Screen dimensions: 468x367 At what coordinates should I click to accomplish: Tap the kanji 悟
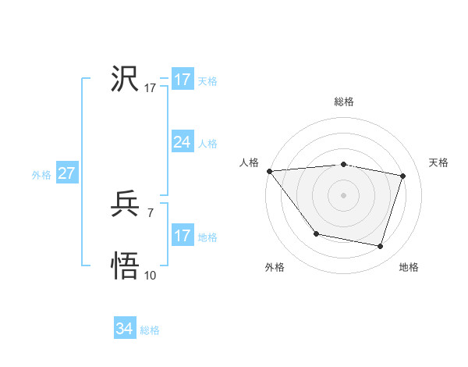(126, 266)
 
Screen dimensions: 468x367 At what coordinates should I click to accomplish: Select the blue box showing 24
(182, 141)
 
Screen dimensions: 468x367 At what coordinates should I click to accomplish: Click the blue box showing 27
(66, 173)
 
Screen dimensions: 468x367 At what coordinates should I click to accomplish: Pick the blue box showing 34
(124, 329)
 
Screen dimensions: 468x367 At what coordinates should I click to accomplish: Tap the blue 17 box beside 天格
(182, 80)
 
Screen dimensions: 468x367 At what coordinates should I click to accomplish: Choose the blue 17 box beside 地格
(182, 236)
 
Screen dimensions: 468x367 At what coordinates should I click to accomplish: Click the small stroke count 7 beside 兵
(150, 212)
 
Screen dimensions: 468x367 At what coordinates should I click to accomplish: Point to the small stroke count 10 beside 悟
(151, 275)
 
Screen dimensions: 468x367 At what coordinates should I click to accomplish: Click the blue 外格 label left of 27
(41, 175)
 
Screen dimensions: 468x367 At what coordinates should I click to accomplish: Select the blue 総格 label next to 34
(150, 330)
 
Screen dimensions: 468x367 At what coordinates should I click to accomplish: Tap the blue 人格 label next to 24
(207, 144)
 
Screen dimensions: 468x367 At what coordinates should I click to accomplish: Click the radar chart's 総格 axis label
(344, 102)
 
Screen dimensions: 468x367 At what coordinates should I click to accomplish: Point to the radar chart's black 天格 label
(438, 162)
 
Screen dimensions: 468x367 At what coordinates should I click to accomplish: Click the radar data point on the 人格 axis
(269, 171)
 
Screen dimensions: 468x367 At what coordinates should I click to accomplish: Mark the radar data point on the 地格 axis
(381, 247)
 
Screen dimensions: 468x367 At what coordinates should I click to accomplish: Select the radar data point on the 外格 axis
(316, 233)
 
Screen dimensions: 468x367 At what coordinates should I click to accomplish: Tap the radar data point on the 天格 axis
(403, 176)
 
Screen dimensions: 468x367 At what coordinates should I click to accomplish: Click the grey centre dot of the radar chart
(344, 195)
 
